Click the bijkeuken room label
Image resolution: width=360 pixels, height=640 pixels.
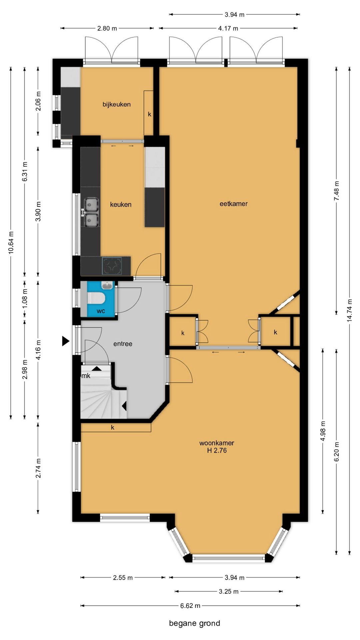point(116,104)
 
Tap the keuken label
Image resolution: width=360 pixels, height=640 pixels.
point(121,204)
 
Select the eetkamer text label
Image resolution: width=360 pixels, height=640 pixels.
point(233,204)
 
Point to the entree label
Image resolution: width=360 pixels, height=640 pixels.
point(123,344)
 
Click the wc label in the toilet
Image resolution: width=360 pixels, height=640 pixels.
point(101,311)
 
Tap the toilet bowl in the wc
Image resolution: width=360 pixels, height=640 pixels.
point(96,298)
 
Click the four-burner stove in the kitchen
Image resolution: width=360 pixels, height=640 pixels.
point(112,266)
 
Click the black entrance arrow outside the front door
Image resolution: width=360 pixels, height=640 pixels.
point(66,341)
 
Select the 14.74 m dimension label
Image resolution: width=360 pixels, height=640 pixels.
point(349,310)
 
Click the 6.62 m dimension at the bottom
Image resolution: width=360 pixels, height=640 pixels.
point(190,606)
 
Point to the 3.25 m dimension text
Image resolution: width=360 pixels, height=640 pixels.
point(229,591)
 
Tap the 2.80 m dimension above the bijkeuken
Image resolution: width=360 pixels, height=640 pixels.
point(107,28)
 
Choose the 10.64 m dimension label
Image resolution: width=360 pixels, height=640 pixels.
point(11,243)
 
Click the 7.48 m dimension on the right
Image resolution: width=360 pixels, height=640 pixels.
point(336,191)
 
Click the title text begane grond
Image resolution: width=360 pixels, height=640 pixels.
point(195,623)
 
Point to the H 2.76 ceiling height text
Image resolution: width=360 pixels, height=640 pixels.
point(217,450)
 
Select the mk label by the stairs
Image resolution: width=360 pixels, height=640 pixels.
point(86,376)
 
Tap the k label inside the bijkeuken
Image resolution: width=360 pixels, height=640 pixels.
point(150,114)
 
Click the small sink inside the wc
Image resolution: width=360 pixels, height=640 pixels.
point(107,286)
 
